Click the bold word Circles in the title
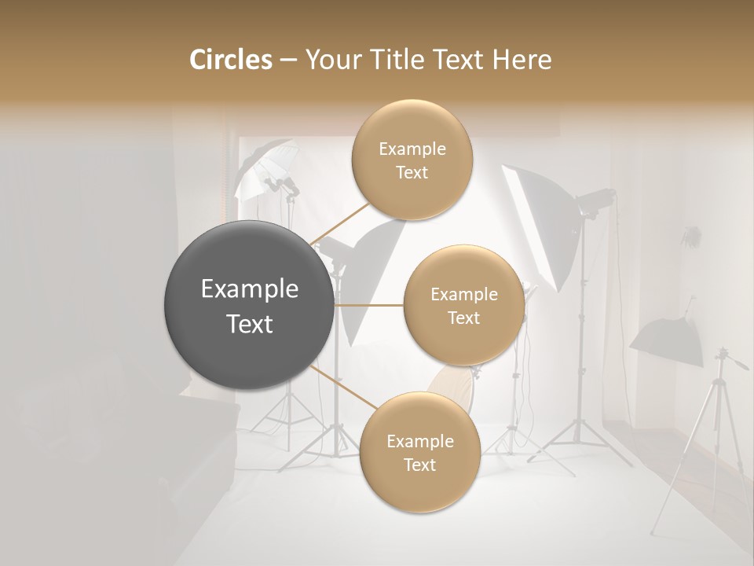230,60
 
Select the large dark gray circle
249,305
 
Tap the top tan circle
412,160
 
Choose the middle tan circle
463,305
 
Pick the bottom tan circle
419,452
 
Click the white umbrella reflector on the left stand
259,169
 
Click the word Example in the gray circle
250,289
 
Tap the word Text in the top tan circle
412,173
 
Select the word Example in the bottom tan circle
419,441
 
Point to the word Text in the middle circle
463,318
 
